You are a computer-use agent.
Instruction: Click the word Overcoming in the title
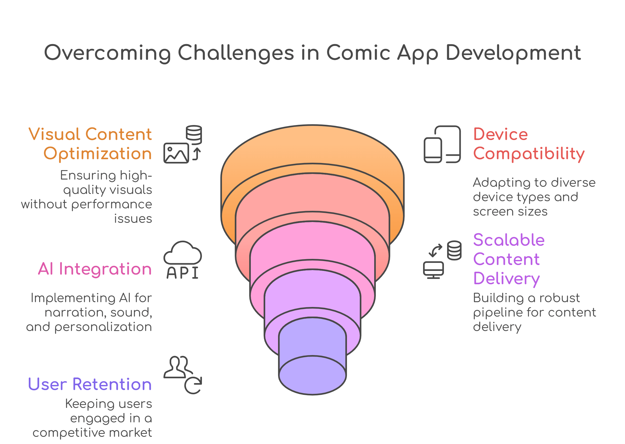click(107, 53)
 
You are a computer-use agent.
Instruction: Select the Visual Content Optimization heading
click(90, 144)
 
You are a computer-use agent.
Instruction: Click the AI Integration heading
click(95, 269)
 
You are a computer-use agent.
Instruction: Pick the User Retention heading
click(90, 384)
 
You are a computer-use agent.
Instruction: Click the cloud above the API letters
click(182, 253)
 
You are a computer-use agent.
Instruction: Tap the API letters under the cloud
click(182, 273)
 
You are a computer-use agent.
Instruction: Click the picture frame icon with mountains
click(176, 153)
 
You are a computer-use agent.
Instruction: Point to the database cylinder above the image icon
click(194, 135)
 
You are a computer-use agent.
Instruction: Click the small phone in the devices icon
click(433, 150)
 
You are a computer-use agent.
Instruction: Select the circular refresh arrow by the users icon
click(193, 386)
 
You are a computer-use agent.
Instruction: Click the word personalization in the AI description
click(103, 327)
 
